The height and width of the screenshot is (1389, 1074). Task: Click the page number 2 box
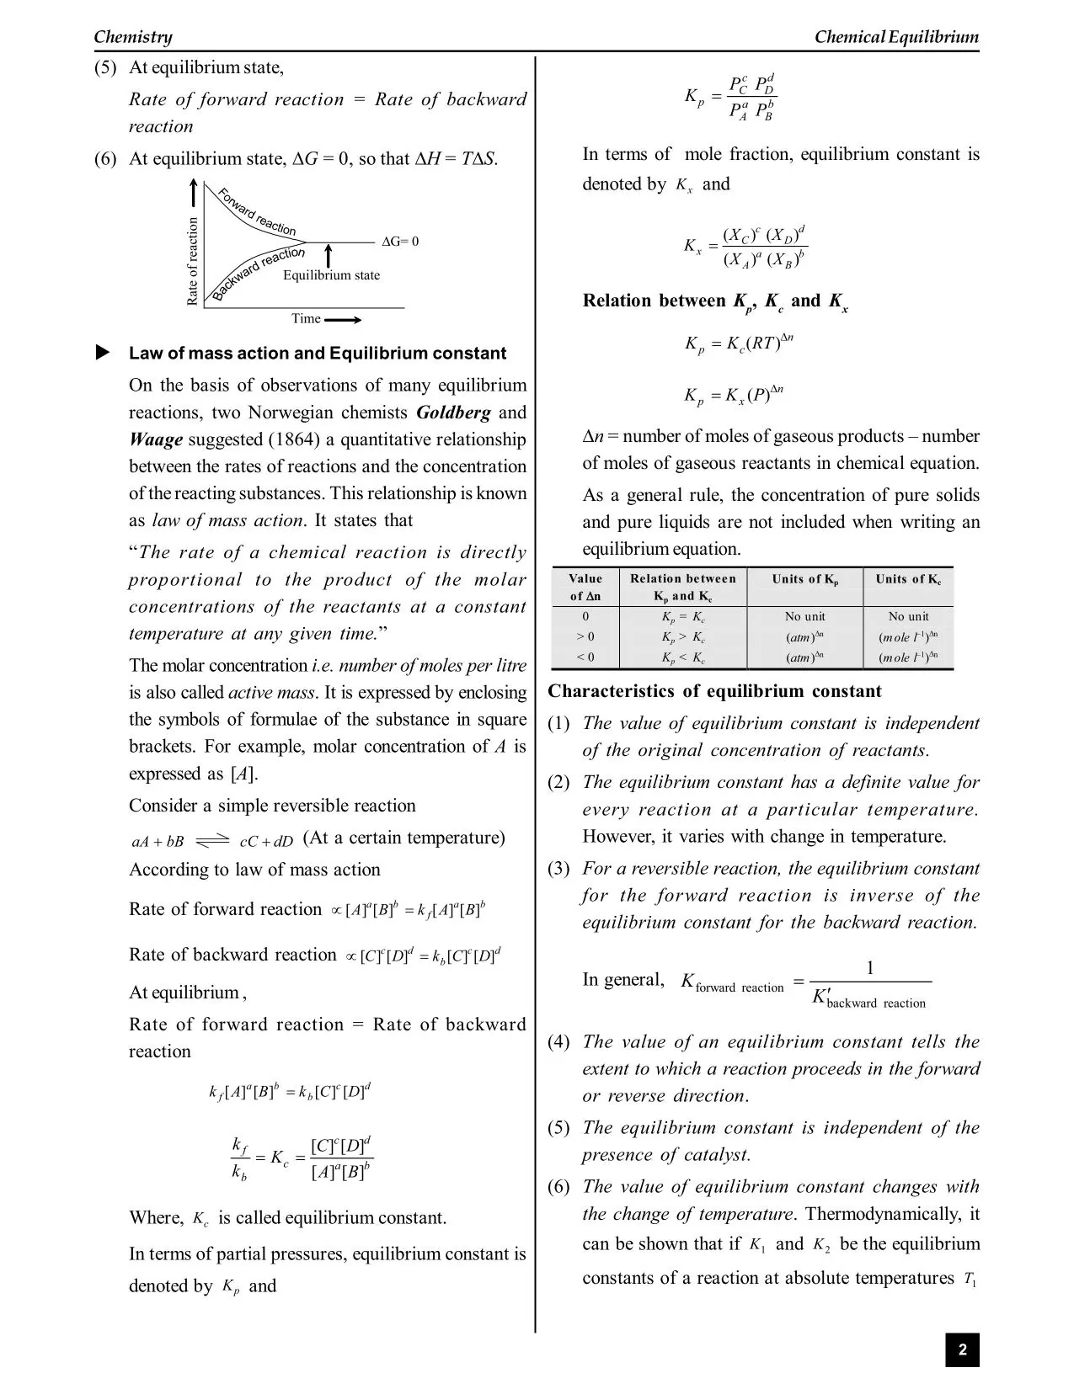pyautogui.click(x=962, y=1350)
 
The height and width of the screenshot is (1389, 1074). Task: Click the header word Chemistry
pyautogui.click(x=133, y=36)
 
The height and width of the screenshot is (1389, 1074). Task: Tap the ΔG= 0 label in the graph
pyautogui.click(x=400, y=242)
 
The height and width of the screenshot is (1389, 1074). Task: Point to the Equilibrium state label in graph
pyautogui.click(x=331, y=275)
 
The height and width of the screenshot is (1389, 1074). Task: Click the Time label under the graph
pyautogui.click(x=306, y=318)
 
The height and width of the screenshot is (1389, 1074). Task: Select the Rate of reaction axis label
pyautogui.click(x=193, y=261)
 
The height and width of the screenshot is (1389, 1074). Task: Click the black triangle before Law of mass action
pyautogui.click(x=103, y=353)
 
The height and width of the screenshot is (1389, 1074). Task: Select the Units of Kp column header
pyautogui.click(x=804, y=579)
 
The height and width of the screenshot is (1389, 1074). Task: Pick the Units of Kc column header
pyautogui.click(x=908, y=579)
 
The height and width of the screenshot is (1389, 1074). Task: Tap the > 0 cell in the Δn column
pyautogui.click(x=585, y=636)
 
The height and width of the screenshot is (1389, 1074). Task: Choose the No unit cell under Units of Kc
pyautogui.click(x=908, y=616)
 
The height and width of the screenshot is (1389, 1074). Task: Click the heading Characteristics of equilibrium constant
pyautogui.click(x=714, y=691)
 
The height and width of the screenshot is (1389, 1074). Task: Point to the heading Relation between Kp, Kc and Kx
pyautogui.click(x=715, y=301)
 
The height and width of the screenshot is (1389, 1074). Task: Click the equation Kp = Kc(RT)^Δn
pyautogui.click(x=739, y=343)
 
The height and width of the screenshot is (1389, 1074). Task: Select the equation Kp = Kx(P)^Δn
pyautogui.click(x=734, y=394)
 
